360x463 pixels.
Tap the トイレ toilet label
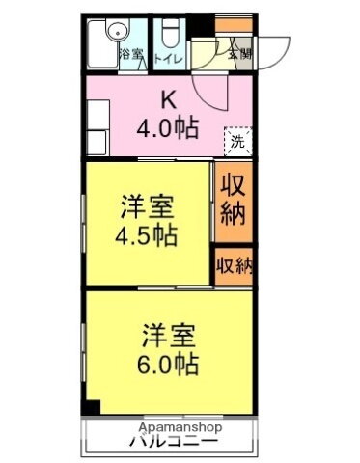168,56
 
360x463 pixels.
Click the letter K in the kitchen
167,100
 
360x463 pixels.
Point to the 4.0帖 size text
168,126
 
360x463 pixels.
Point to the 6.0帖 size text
170,366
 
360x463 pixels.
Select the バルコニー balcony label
174,443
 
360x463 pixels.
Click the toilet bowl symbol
168,35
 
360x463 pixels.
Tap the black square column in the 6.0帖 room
91,405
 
